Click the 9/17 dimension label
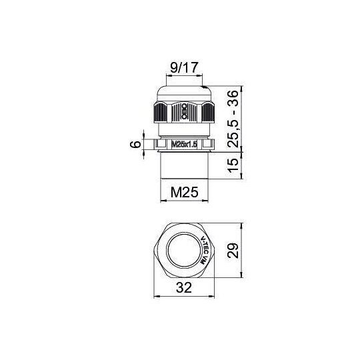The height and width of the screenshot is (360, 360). point(184,67)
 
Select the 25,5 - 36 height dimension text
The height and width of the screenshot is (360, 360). point(233,119)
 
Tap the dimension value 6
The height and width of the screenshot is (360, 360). point(135,145)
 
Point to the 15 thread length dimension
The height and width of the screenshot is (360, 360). point(233,165)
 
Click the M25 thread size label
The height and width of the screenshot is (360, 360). point(184,192)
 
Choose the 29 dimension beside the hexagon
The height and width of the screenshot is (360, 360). point(233,251)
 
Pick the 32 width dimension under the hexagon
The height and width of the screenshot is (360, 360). point(184,287)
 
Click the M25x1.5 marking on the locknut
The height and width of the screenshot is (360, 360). point(185,145)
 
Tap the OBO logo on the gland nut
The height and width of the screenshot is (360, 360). point(184,111)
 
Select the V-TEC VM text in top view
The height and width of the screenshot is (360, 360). point(204,250)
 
